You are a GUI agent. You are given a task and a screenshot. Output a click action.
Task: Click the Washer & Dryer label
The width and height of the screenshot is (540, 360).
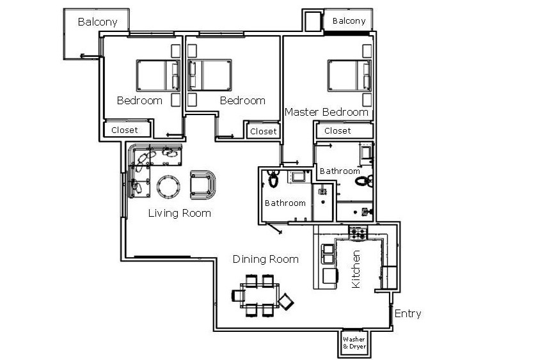(354, 343)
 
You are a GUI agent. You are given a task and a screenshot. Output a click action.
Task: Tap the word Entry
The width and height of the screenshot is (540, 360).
(408, 314)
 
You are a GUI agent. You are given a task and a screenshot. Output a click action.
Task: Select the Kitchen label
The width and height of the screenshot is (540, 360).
(356, 269)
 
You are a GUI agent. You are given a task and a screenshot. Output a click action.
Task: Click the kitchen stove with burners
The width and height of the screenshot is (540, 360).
(358, 233)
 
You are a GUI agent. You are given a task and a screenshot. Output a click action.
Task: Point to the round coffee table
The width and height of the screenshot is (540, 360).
(168, 187)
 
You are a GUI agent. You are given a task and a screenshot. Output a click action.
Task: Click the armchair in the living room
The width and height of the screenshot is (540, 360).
(203, 185)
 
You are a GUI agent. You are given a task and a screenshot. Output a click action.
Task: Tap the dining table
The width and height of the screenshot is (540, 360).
(260, 295)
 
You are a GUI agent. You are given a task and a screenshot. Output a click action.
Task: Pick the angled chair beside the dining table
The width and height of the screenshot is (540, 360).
(286, 302)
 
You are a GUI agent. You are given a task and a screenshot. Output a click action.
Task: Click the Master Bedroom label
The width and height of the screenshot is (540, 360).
(326, 112)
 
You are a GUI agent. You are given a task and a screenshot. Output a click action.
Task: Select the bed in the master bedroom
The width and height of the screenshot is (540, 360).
(349, 75)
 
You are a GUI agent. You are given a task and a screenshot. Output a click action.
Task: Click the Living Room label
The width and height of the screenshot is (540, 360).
(179, 214)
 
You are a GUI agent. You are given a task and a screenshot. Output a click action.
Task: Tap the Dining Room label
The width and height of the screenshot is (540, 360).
(266, 259)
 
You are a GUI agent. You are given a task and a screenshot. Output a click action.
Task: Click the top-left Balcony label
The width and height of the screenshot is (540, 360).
(97, 22)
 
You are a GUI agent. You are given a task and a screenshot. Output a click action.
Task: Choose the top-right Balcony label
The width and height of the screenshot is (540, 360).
(349, 21)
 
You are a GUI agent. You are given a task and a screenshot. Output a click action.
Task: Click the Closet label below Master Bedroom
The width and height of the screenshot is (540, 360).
(338, 131)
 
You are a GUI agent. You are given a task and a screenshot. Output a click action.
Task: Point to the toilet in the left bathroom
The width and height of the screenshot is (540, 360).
(273, 178)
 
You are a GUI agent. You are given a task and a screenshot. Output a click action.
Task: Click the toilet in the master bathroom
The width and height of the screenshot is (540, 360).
(364, 181)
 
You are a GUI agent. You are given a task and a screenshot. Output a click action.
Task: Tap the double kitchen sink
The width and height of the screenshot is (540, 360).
(328, 254)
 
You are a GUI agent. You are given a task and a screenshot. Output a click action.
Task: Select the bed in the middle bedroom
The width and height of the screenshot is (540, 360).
(210, 75)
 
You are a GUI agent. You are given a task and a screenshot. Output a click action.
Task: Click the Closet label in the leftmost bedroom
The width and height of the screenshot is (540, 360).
(125, 130)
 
